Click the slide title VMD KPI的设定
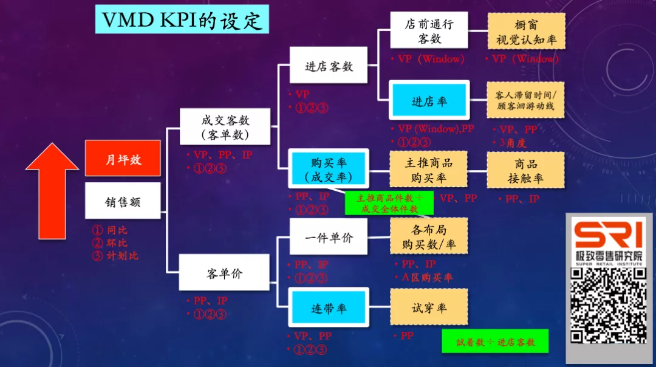tap(182, 19)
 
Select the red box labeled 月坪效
tap(123, 159)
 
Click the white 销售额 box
tap(123, 201)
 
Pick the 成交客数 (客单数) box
tap(225, 126)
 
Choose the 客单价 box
tap(225, 273)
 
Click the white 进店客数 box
tap(329, 66)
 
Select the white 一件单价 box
tap(329, 237)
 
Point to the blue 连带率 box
tap(329, 308)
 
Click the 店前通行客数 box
tap(429, 31)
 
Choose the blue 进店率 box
tap(429, 101)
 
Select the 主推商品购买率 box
tap(428, 170)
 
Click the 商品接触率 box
tap(525, 170)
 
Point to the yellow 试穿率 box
tap(429, 307)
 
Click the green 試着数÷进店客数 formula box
tap(495, 342)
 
